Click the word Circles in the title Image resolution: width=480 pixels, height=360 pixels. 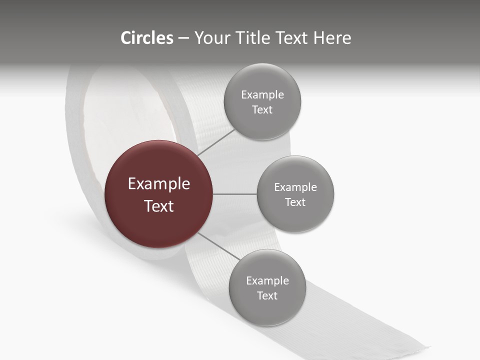[x=147, y=38]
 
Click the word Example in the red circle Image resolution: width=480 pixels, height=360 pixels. [x=159, y=184]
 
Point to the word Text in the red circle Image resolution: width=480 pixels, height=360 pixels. [x=159, y=206]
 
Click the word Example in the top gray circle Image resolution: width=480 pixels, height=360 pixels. [x=262, y=95]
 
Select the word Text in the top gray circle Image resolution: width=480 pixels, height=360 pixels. [x=262, y=110]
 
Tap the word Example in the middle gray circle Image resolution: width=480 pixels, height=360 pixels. [x=295, y=187]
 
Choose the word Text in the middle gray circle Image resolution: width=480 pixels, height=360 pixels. [x=295, y=202]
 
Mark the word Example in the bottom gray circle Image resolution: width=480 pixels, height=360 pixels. [x=267, y=281]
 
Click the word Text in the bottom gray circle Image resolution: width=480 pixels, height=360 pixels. [x=267, y=296]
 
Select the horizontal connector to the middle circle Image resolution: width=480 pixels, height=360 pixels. [x=235, y=194]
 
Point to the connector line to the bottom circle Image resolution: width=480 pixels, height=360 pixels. [x=219, y=246]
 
